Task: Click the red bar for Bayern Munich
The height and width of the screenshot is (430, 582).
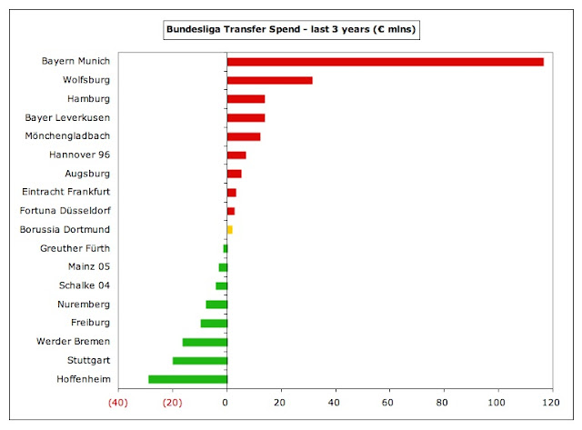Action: click(x=385, y=62)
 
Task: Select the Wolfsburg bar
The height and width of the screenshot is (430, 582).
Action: click(x=269, y=80)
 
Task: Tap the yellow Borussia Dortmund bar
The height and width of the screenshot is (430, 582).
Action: click(x=230, y=229)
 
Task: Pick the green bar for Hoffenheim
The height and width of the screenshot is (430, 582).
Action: click(x=188, y=379)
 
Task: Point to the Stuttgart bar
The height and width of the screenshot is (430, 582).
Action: click(x=200, y=360)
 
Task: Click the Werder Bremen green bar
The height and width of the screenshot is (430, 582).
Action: click(x=205, y=342)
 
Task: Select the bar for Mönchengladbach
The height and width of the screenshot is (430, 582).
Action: click(x=244, y=136)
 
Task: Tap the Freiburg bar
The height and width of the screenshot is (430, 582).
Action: click(x=214, y=323)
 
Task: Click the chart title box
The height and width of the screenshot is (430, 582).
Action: click(x=291, y=29)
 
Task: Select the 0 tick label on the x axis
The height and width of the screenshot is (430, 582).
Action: click(x=226, y=401)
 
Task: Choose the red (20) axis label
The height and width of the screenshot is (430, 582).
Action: click(x=173, y=401)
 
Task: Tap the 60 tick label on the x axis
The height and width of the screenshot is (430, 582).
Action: click(x=389, y=401)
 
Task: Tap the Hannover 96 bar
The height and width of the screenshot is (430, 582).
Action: click(x=236, y=155)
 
